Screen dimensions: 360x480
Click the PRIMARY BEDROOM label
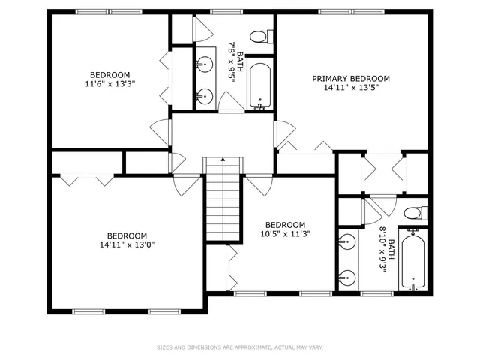351,79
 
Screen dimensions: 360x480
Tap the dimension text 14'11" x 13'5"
351,88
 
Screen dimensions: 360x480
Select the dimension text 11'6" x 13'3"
109,84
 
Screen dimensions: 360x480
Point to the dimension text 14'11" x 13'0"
127,244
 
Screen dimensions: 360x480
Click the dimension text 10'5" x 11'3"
285,234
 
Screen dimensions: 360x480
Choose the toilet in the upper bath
258,36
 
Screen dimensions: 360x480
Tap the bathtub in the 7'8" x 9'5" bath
260,85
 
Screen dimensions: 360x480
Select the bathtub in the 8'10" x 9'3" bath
413,263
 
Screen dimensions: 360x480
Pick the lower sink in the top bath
203,95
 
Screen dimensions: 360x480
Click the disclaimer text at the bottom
240,347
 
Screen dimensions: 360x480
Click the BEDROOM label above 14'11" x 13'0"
127,235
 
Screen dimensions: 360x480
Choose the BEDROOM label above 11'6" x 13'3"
109,74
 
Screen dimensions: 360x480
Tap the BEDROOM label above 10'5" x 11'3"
285,224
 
